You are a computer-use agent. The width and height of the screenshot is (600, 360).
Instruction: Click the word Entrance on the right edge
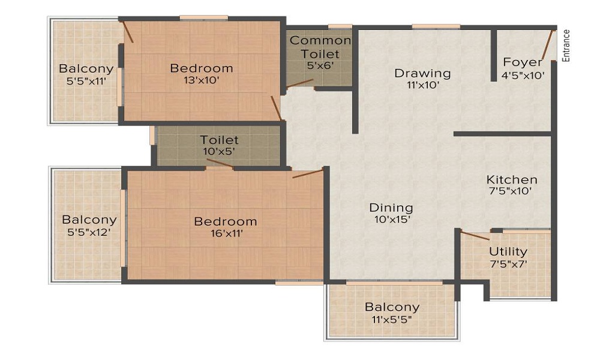566,46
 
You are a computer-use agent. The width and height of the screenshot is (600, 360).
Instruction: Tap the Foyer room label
523,62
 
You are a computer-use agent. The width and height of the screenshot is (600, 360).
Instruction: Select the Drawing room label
422,73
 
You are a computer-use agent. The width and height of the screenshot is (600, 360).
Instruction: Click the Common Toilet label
320,47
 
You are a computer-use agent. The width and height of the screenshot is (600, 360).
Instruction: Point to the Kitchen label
512,179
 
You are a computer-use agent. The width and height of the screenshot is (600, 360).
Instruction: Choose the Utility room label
508,251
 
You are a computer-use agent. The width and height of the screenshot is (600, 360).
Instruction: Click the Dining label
391,208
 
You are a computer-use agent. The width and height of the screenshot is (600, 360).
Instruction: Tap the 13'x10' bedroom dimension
201,80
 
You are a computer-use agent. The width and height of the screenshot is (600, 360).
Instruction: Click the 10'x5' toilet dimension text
219,152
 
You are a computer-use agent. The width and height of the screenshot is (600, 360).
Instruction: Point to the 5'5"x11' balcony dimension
86,81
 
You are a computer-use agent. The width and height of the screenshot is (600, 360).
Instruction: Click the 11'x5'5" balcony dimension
392,319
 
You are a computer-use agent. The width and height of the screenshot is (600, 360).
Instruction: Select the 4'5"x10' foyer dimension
523,75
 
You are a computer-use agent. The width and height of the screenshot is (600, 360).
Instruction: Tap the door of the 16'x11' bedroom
308,174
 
